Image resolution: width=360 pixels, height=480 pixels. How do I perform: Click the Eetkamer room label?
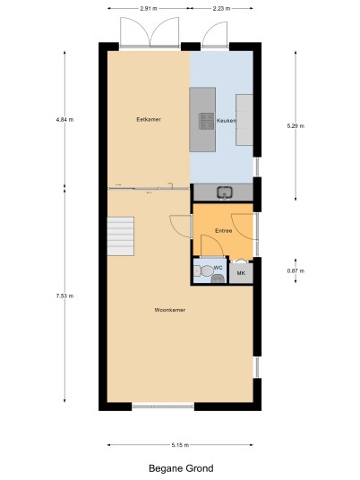pos(149,119)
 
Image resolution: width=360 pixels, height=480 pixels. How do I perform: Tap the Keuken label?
pos(227,121)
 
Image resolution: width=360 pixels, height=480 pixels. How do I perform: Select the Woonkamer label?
pos(170,310)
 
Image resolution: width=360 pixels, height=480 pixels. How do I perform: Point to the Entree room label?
pos(224,231)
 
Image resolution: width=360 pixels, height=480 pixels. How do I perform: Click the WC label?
pos(218,268)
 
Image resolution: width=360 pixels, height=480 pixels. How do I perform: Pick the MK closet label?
pos(241,273)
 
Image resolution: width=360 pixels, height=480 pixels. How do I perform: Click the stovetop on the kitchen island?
pos(207,121)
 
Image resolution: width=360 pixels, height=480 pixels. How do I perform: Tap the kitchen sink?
pos(225,193)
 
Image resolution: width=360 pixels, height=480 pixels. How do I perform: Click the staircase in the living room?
pos(121,236)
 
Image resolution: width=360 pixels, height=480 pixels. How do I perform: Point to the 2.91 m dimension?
pos(149,9)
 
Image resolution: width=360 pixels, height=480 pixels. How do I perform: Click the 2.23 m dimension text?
pos(221,9)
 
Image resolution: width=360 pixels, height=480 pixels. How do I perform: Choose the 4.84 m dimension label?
pos(64,120)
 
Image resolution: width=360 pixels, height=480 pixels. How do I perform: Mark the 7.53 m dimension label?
pos(64,296)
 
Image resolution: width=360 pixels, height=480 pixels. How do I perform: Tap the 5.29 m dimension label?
pos(296,125)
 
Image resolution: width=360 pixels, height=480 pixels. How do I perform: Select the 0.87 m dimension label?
pos(296,270)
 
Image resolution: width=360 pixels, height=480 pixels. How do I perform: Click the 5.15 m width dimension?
pos(180,445)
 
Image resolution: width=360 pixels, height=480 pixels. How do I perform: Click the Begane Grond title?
pos(181,468)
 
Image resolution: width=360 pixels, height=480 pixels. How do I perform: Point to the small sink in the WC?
pos(218,279)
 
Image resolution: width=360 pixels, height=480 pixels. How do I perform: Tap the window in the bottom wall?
pos(163,407)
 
